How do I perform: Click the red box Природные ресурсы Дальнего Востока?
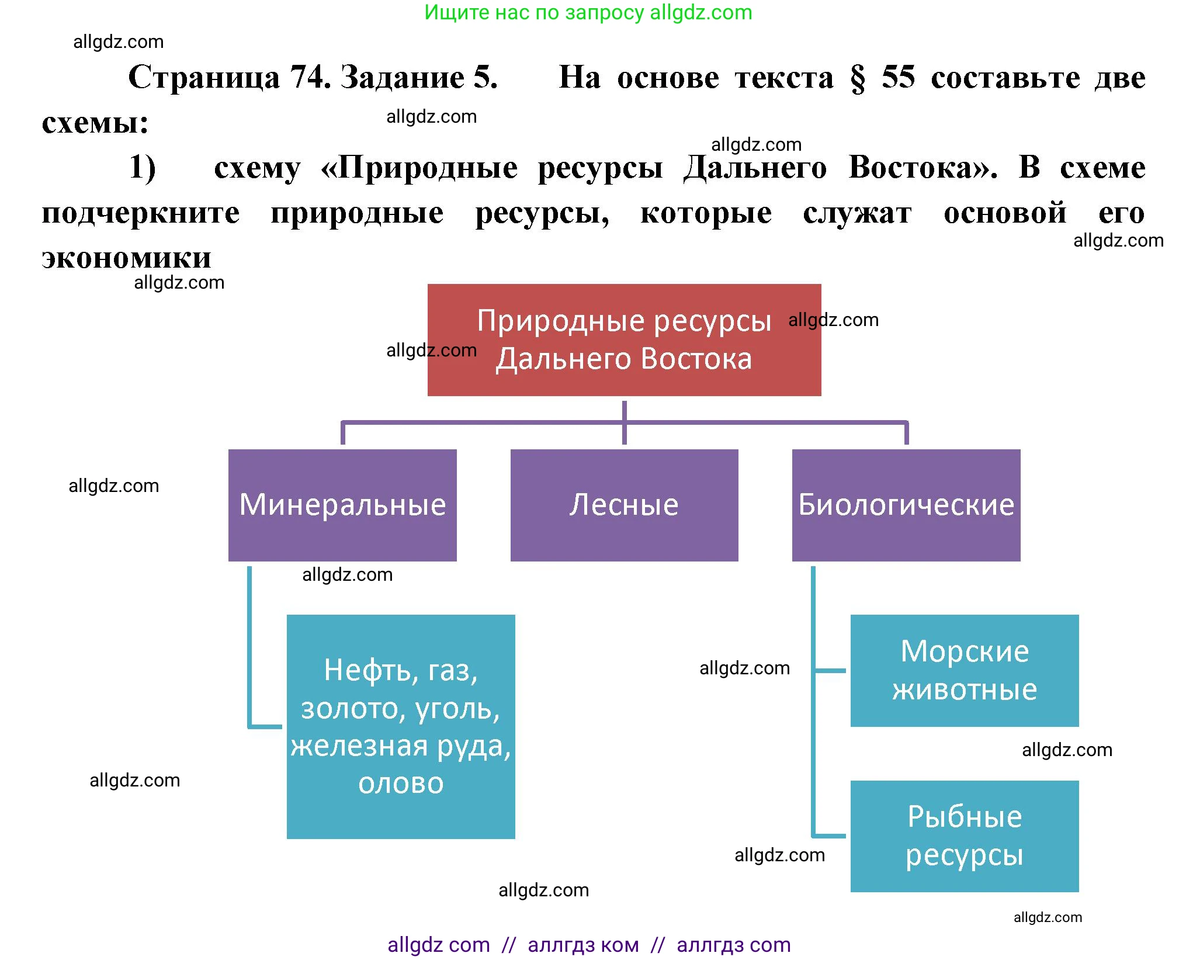coord(624,340)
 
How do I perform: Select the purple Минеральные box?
coord(342,505)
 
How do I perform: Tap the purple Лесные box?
coord(624,505)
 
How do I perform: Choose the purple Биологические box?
coord(906,505)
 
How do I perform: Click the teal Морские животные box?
coord(964,670)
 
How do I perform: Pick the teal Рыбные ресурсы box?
coord(964,836)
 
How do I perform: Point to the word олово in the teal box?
coord(401,783)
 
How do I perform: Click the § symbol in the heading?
coord(857,78)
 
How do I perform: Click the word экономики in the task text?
coord(126,258)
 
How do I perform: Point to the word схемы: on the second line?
coord(95,122)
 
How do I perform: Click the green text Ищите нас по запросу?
coord(534,12)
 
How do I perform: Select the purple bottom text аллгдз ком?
coord(583,944)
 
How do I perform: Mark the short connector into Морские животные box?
coord(830,670)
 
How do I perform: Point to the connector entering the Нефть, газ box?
coord(266,726)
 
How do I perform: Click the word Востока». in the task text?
coord(923,168)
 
